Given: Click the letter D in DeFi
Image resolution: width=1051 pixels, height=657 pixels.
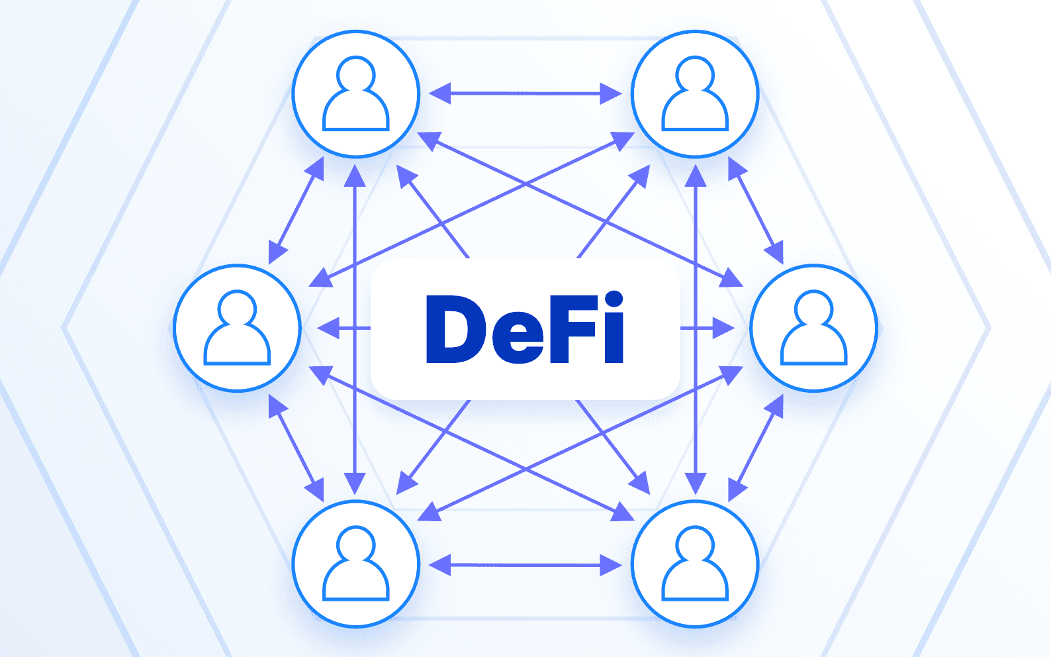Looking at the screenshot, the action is (453, 328).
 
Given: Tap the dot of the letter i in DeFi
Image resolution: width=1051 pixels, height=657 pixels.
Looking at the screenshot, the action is (614, 299).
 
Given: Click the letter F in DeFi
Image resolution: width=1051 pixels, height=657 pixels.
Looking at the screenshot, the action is (573, 328).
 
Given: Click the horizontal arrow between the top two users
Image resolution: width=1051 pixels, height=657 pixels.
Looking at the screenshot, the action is (525, 93).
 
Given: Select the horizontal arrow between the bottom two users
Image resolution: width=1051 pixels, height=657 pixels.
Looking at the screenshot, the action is (525, 565).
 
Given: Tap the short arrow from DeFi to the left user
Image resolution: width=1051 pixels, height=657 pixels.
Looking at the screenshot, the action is (344, 328).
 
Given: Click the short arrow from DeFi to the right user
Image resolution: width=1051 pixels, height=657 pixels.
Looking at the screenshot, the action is (707, 328).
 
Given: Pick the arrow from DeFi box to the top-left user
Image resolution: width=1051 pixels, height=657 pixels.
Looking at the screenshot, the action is (433, 211).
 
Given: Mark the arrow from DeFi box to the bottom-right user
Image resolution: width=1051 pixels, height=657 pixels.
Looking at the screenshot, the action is (613, 447).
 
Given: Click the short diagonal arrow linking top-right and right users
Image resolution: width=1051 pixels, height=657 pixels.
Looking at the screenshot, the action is (756, 211).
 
